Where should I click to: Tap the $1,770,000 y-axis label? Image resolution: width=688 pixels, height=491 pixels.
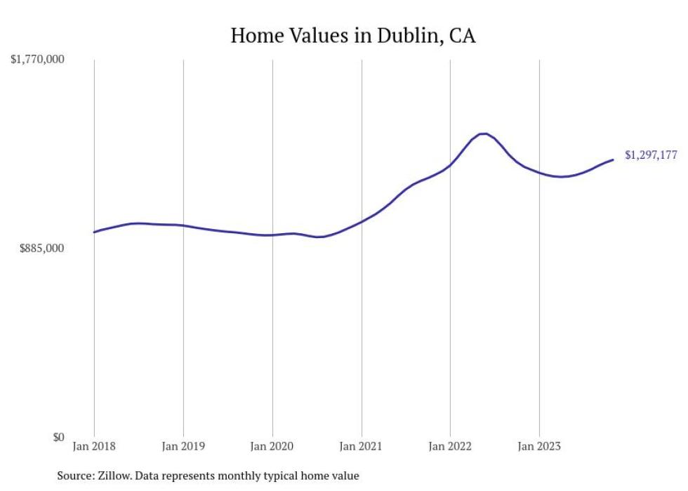pyautogui.click(x=37, y=60)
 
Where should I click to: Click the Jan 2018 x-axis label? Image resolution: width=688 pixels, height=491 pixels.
pyautogui.click(x=94, y=446)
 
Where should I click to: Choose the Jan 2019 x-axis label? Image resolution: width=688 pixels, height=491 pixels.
pyautogui.click(x=183, y=446)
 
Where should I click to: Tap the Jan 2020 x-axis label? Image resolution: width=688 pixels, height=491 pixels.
pyautogui.click(x=272, y=446)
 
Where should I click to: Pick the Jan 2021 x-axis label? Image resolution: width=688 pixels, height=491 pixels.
pyautogui.click(x=361, y=446)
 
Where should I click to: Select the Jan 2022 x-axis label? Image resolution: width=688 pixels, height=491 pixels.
pyautogui.click(x=450, y=446)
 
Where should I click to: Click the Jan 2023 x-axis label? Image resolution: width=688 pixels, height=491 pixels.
pyautogui.click(x=539, y=446)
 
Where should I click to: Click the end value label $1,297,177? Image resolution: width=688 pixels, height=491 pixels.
pyautogui.click(x=651, y=155)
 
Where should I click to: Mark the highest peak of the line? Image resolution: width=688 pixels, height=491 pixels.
pyautogui.click(x=483, y=133)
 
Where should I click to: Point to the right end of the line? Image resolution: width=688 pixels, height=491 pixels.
pyautogui.click(x=613, y=160)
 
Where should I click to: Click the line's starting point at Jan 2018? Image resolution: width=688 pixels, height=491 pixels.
pyautogui.click(x=94, y=232)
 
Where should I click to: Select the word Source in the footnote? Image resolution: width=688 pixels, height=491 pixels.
pyautogui.click(x=74, y=476)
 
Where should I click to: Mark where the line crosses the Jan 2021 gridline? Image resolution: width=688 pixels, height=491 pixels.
pyautogui.click(x=361, y=222)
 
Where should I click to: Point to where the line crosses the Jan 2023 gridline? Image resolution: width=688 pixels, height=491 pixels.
pyautogui.click(x=539, y=172)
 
